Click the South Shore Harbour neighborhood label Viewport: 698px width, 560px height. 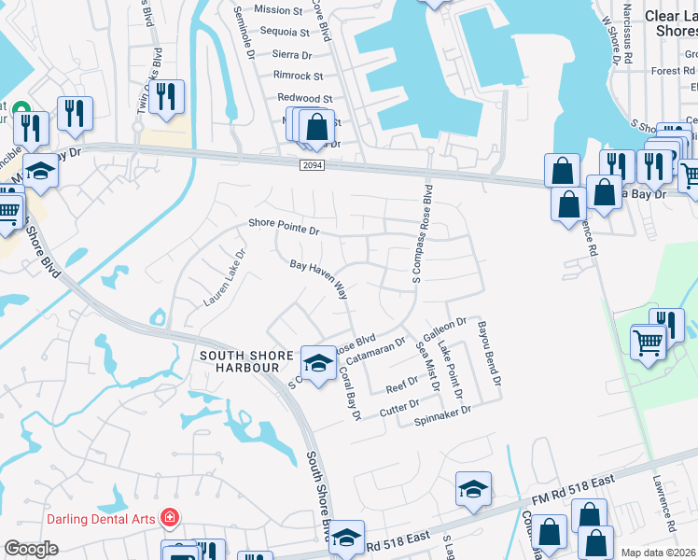click(x=240, y=361)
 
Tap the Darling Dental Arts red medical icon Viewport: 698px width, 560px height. click(x=169, y=517)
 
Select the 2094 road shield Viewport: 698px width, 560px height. click(x=313, y=164)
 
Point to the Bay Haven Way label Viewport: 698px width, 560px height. click(x=318, y=279)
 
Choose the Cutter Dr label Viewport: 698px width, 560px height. click(x=401, y=404)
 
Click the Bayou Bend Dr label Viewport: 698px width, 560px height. click(x=491, y=355)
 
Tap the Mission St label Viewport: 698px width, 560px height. click(x=278, y=10)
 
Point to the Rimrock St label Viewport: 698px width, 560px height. click(x=298, y=77)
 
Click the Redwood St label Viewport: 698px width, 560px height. click(x=304, y=98)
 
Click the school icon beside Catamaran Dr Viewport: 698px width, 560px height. click(x=317, y=362)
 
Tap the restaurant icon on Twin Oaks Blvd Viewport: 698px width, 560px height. click(x=166, y=96)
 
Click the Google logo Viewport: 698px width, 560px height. click(x=31, y=549)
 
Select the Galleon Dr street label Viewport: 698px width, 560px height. click(x=444, y=329)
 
